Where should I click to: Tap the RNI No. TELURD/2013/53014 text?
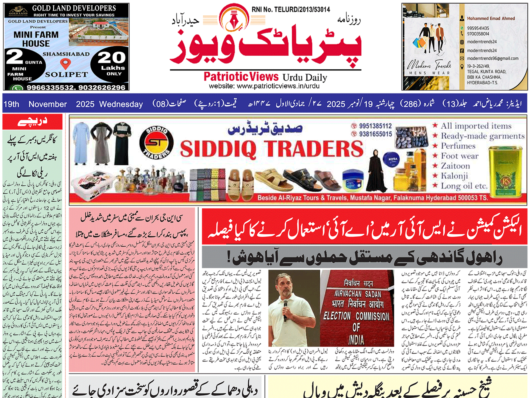point(291,10)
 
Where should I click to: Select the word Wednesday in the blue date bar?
point(121,104)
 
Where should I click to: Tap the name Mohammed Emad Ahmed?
point(491,19)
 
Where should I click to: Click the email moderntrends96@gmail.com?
point(493,58)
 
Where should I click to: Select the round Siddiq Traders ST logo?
point(156,143)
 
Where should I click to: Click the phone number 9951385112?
point(375,126)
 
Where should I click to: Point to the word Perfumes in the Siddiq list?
point(458,146)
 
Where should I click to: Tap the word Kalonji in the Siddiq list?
point(454,176)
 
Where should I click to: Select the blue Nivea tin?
point(393,159)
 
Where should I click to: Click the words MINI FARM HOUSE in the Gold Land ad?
point(36,39)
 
